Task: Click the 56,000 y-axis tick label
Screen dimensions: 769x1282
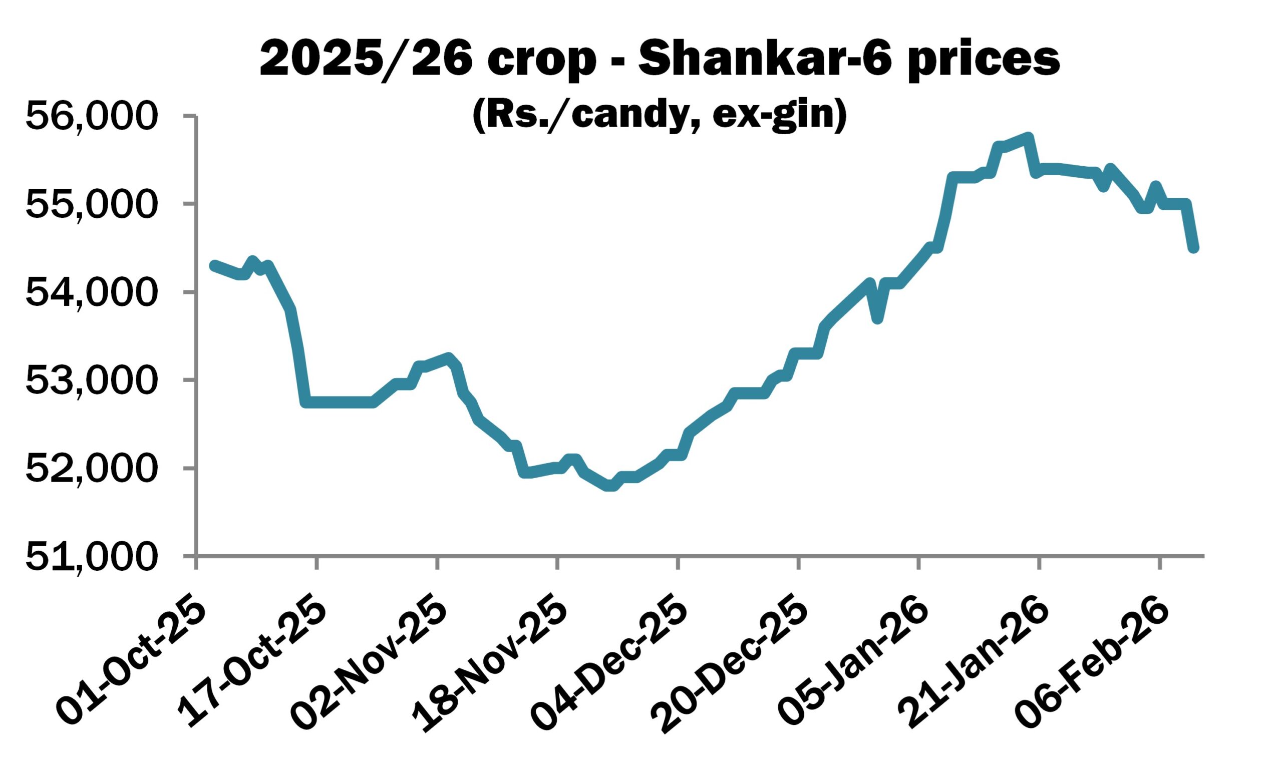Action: (x=90, y=117)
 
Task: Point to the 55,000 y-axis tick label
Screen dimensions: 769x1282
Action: (x=90, y=205)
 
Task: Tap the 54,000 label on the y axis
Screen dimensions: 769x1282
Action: (x=90, y=293)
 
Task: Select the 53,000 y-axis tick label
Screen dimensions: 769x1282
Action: (x=90, y=381)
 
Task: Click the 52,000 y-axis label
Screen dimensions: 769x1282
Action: (x=90, y=469)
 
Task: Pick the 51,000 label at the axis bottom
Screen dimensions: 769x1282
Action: (x=90, y=557)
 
